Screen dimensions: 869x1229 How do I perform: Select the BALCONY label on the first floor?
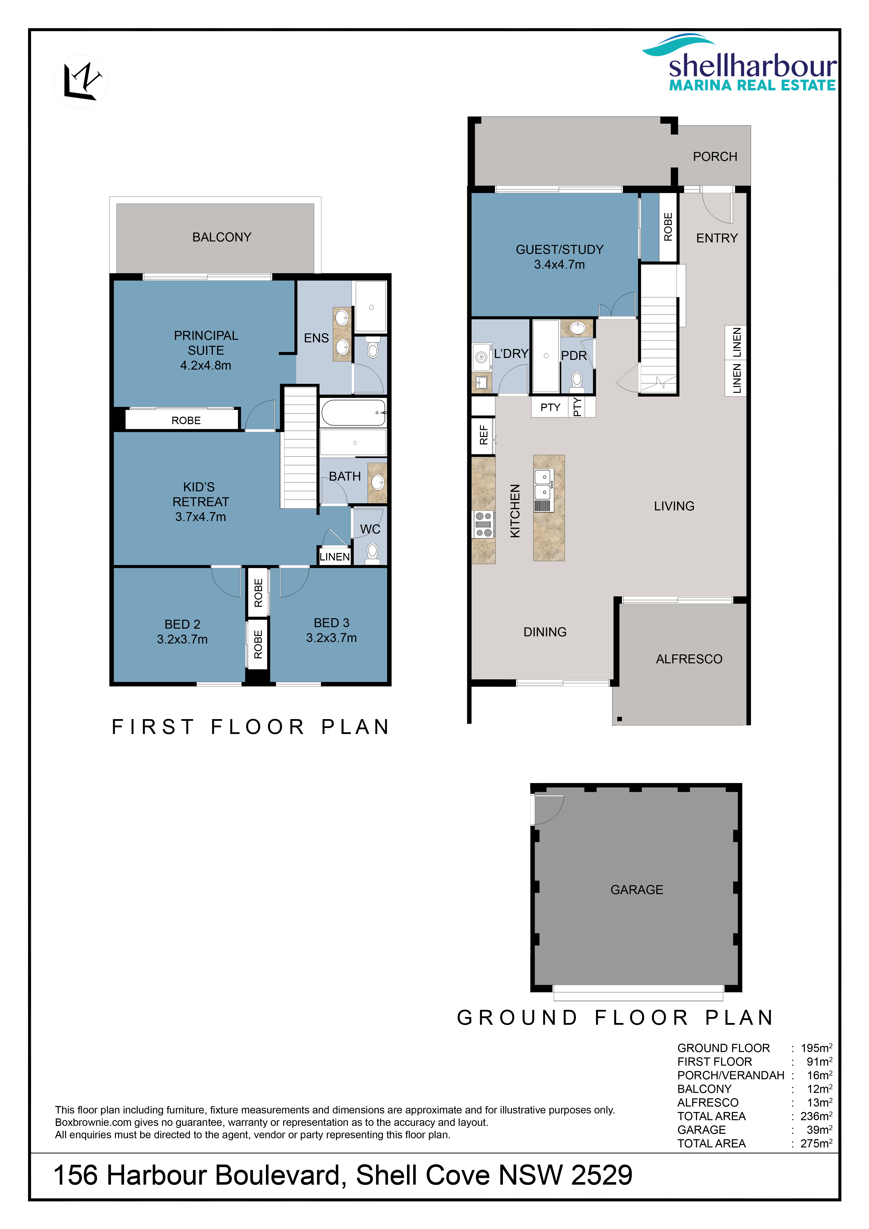pos(222,237)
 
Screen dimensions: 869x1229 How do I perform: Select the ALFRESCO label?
pos(689,659)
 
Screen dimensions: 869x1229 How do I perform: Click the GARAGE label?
pos(637,890)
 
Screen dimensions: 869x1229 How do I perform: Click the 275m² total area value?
pos(816,1143)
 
